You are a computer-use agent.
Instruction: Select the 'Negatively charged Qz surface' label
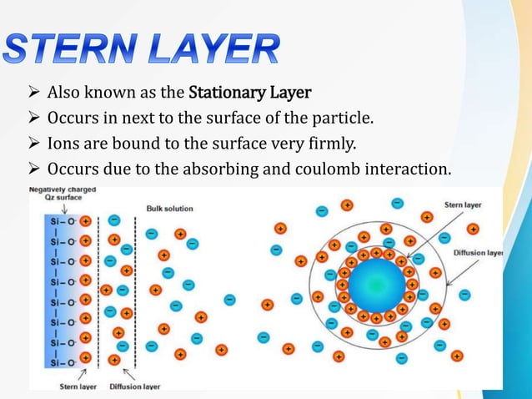[63, 194]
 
